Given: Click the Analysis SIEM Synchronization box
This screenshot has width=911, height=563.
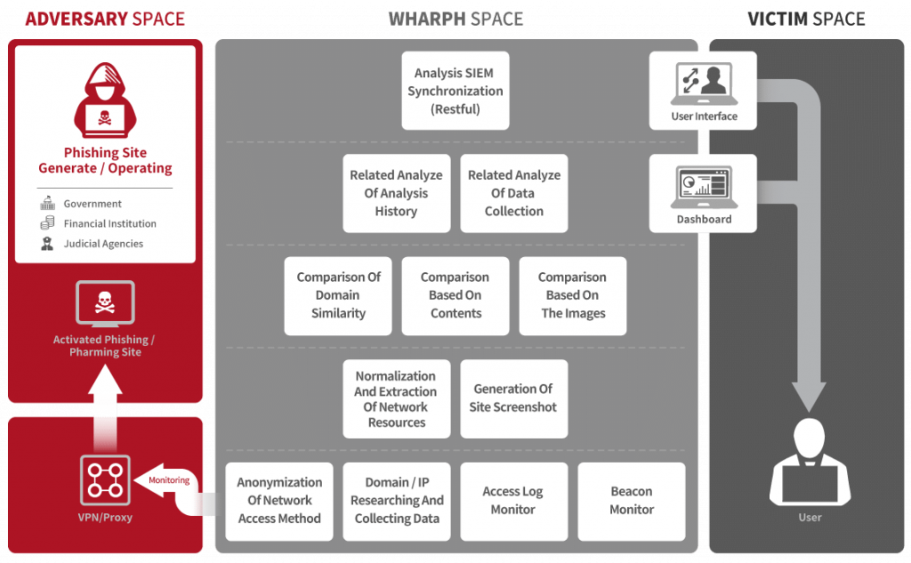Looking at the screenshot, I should click(x=455, y=91).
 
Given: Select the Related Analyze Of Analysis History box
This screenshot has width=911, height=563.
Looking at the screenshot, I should click(x=396, y=193).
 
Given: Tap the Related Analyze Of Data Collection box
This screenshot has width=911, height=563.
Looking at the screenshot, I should click(x=513, y=193).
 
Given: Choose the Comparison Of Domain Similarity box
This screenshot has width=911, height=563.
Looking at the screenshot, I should click(x=338, y=295).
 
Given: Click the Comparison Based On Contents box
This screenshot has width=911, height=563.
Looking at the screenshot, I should click(x=455, y=295).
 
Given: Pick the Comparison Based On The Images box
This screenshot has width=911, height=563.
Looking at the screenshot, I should click(x=573, y=295).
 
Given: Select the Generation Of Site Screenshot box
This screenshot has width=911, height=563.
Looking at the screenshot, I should click(x=513, y=398).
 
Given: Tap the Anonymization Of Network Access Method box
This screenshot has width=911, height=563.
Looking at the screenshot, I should click(x=279, y=501).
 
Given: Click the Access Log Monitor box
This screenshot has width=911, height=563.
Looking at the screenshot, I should click(x=513, y=501).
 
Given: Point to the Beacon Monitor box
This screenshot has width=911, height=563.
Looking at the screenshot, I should click(x=632, y=501).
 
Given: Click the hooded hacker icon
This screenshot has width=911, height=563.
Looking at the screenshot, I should click(x=105, y=99).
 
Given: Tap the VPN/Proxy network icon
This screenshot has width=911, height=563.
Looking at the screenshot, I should click(x=105, y=480).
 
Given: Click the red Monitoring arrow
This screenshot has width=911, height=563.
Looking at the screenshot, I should click(x=164, y=480).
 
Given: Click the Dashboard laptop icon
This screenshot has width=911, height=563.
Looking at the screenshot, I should click(x=704, y=188).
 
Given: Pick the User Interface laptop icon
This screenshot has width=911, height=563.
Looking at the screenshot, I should click(x=704, y=84).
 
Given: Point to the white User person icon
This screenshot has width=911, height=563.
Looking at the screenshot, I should click(x=810, y=462).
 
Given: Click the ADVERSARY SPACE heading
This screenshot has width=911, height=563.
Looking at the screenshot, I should click(x=105, y=18).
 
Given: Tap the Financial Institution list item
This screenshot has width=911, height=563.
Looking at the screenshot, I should click(x=109, y=223).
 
